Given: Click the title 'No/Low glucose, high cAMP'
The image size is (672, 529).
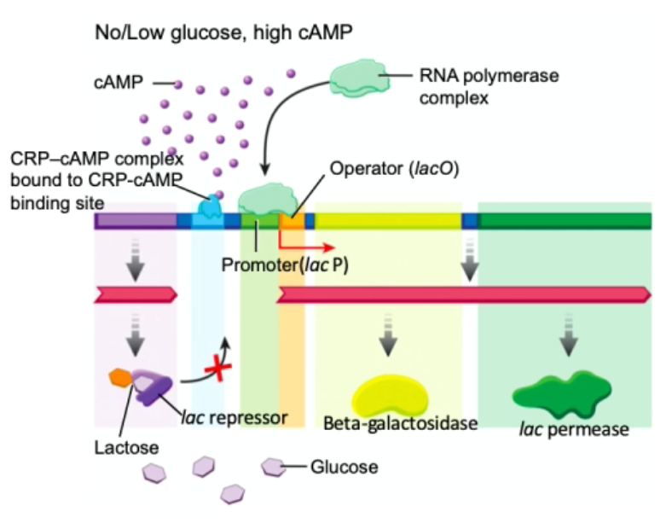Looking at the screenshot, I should coord(225,32).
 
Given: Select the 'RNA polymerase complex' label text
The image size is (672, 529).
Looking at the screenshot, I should coord(489,86).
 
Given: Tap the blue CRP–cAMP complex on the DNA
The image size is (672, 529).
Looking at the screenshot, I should coord(208,206).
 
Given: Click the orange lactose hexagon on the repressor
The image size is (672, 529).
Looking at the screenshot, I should coord(119,377).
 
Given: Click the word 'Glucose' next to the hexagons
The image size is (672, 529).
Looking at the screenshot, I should coord(344,467).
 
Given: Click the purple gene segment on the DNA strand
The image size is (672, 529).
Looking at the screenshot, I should coord(136,222).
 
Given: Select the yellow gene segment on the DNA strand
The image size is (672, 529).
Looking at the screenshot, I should coord(388,222).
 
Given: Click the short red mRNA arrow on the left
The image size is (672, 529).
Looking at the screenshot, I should coord(136,294).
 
